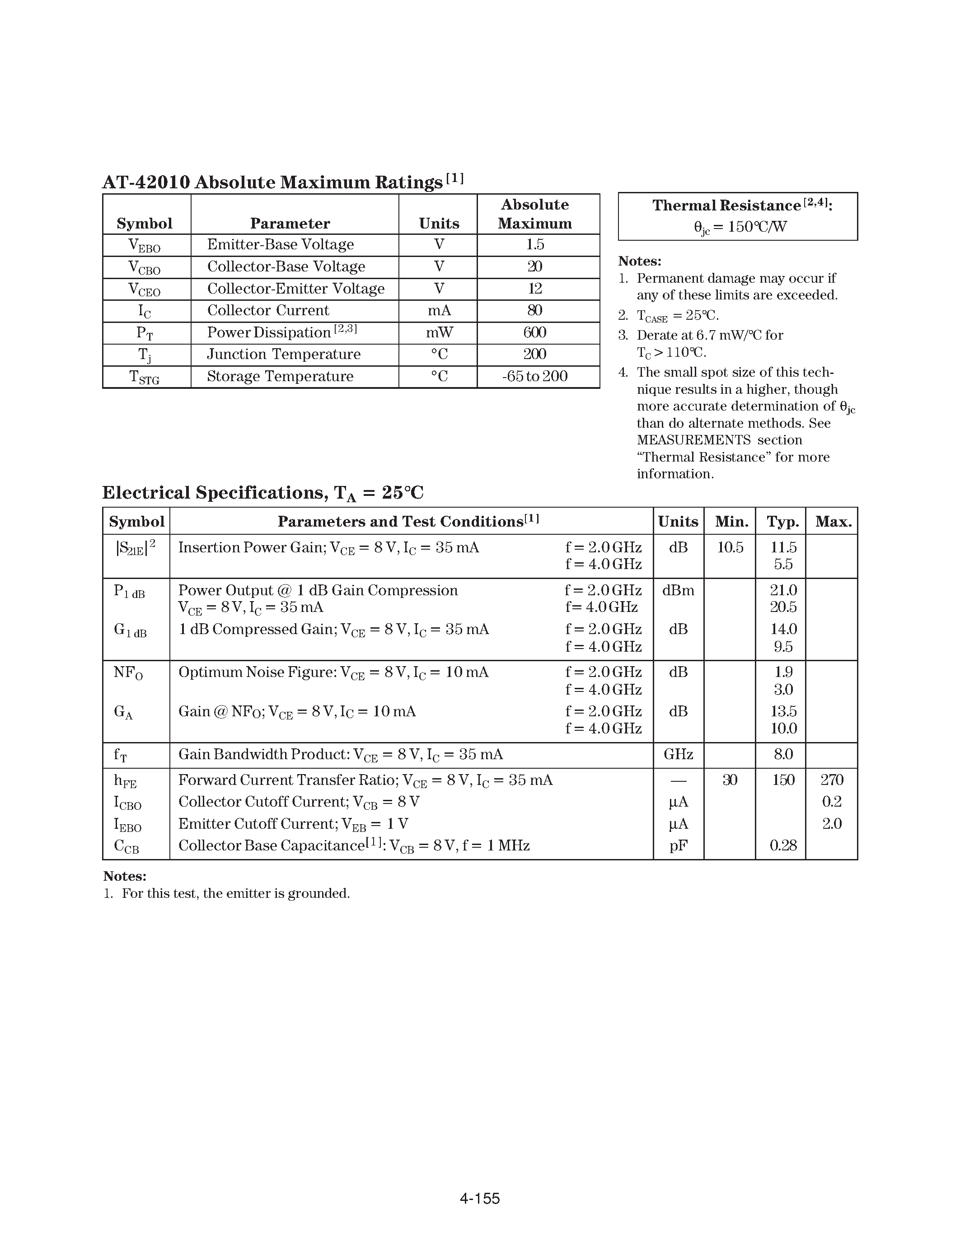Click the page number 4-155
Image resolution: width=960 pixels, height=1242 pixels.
(479, 1198)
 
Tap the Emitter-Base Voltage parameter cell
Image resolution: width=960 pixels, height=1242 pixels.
(281, 244)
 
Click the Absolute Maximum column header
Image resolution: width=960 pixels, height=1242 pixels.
(534, 214)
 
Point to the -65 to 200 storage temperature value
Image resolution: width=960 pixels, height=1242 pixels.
(534, 377)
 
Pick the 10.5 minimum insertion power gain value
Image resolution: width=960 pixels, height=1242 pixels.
(730, 548)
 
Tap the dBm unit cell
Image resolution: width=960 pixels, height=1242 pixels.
(678, 590)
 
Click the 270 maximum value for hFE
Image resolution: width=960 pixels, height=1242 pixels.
(831, 780)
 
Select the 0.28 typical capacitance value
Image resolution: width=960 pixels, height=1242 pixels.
(782, 845)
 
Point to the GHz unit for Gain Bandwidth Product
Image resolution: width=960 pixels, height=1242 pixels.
(678, 755)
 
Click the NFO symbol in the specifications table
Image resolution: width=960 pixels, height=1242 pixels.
(128, 673)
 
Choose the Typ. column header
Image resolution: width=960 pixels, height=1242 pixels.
(782, 522)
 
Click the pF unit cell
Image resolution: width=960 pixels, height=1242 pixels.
(678, 845)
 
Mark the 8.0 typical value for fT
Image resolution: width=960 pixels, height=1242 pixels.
(782, 755)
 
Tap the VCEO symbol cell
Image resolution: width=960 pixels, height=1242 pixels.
(145, 289)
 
